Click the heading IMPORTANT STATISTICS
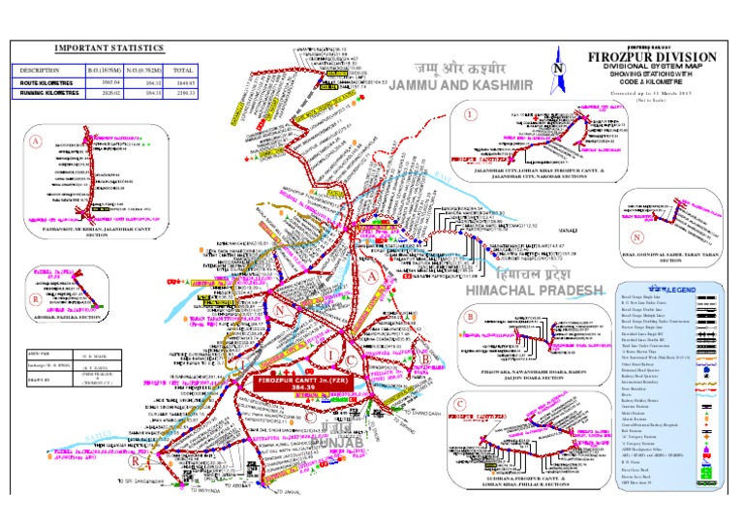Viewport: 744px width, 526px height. (108, 47)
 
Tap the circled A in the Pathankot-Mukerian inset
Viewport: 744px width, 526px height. (37, 141)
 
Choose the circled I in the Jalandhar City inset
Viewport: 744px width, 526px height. (471, 114)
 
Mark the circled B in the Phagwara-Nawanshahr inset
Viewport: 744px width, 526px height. (470, 316)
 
